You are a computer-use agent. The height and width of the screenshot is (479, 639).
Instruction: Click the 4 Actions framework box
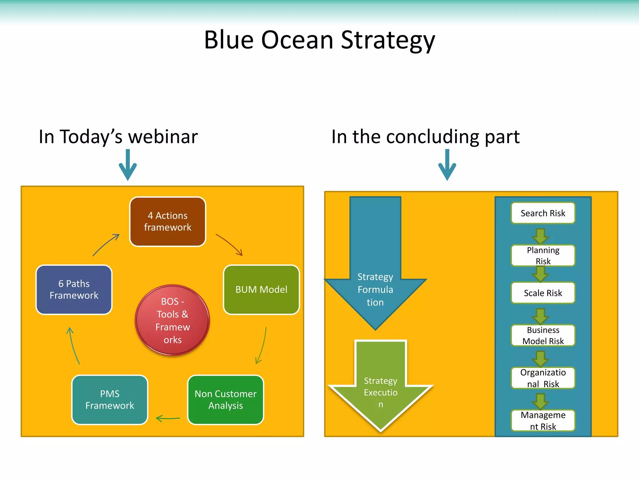pos(168,221)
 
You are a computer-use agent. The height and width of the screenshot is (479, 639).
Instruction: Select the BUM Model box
pos(261,290)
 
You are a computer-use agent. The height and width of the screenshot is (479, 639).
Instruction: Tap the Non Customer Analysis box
pos(225,399)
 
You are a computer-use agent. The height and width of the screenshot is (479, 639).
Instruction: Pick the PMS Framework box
pos(110,399)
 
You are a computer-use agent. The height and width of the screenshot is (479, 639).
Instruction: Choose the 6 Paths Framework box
pos(74,290)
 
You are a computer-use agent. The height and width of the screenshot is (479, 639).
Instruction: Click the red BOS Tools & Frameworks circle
pos(172,320)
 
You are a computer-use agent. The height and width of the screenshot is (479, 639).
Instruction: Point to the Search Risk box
pos(543,213)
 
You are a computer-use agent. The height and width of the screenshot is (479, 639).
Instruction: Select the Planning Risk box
pos(543,255)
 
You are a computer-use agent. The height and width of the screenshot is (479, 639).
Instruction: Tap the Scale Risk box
pos(543,293)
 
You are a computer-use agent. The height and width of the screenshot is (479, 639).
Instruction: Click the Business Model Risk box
pos(543,335)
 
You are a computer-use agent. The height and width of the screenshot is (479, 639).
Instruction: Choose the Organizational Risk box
pos(543,378)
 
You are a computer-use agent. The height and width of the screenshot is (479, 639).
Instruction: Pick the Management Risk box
pos(543,420)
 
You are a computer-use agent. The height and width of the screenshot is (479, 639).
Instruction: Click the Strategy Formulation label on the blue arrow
pos(375,289)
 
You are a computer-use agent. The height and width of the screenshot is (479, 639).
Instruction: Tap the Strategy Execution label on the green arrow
pos(380,392)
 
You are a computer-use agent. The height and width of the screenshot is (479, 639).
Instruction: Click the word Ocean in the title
pos(297,40)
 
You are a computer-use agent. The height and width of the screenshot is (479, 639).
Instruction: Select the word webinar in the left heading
pos(163,137)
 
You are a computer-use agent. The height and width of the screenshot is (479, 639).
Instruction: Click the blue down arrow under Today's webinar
pos(128,165)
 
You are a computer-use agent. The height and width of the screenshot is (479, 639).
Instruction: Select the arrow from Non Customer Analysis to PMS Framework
pos(168,418)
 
